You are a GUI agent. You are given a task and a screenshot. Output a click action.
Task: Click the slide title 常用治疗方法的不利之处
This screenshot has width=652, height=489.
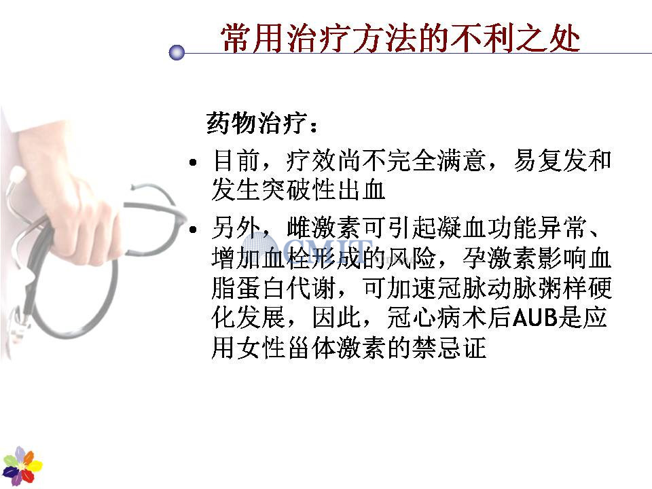[400, 38]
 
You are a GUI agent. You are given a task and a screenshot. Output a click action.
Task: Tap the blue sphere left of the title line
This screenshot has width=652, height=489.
[177, 53]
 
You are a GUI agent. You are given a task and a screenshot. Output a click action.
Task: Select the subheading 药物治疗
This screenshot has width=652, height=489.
[257, 123]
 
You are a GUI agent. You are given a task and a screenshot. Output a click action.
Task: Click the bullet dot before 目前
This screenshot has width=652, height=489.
[192, 162]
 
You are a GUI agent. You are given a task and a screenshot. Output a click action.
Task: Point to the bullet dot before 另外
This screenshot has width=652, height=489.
[192, 229]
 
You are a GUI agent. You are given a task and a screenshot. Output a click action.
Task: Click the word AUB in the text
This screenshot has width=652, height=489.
[535, 318]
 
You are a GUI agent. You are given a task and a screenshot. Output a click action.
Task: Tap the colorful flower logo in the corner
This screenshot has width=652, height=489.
[22, 466]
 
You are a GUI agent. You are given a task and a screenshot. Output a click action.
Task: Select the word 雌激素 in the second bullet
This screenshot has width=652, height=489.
[323, 228]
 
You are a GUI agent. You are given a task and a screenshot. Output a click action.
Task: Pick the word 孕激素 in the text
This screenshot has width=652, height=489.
[499, 259]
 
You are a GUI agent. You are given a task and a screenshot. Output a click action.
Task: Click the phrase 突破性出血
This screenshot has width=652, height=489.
[323, 190]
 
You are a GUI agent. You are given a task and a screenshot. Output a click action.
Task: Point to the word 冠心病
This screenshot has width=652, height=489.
[424, 318]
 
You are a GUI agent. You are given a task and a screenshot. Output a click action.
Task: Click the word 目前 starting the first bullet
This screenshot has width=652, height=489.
[236, 160]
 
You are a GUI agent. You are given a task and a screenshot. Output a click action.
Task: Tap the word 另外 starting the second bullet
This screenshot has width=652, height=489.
[236, 228]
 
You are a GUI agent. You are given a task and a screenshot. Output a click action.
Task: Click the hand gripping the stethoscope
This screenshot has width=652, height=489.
[71, 196]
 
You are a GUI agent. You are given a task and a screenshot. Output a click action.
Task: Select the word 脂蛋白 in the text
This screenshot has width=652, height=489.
[249, 288]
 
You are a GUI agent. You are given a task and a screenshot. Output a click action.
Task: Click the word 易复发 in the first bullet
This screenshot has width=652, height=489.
[550, 160]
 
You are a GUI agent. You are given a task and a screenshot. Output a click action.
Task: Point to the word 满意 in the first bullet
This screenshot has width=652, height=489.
[462, 160]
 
